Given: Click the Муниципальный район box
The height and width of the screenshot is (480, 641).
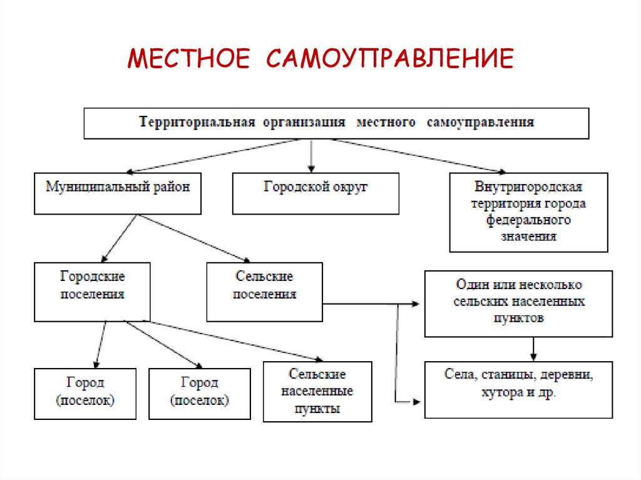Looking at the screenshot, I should coord(118,193).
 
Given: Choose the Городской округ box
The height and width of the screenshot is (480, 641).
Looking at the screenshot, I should coord(315,193).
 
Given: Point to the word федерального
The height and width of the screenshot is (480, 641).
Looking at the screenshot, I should coord(528,220).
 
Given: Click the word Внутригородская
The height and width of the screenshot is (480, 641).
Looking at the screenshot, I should coord(528,187).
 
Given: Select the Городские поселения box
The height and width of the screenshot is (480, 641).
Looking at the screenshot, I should coord(92,292).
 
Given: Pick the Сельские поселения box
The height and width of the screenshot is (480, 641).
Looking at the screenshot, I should coord(264,292).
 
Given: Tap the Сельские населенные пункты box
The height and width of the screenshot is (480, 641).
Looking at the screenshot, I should coord(317,391).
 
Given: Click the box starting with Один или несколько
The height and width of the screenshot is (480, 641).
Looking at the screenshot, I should coord(518,304).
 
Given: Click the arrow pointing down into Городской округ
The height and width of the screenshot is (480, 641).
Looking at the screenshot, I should coord(312,156).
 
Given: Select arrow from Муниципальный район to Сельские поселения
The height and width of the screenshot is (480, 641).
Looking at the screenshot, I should coord(194,238).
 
